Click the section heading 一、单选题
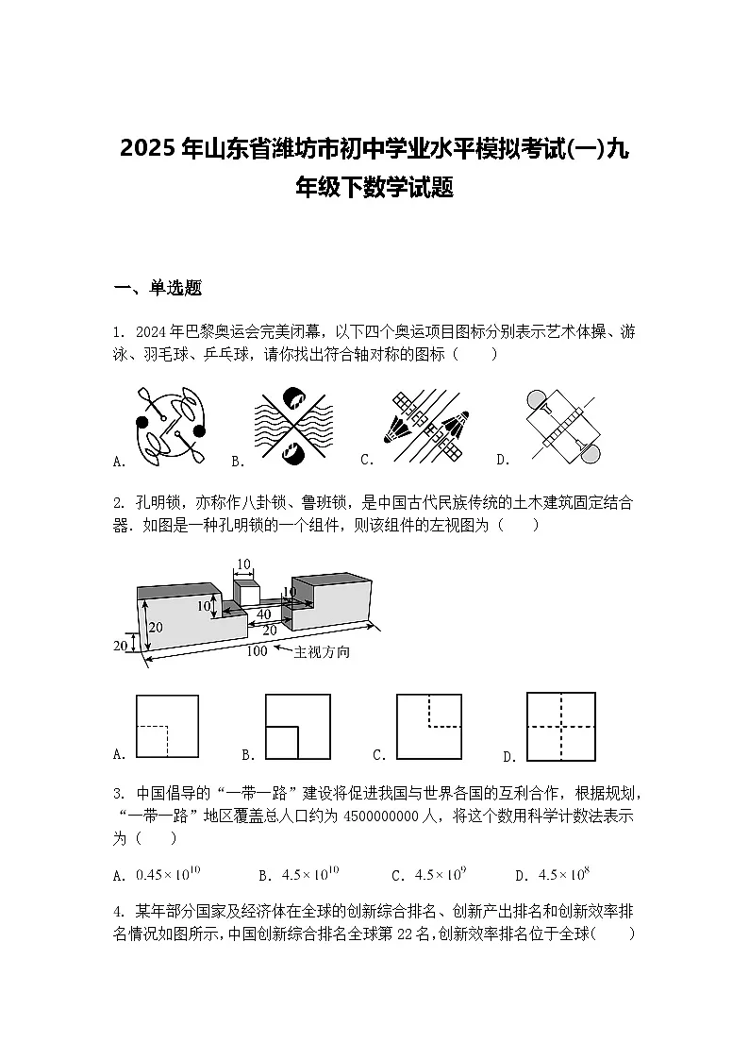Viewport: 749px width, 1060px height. pos(158,289)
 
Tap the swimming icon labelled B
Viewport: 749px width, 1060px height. pos(293,427)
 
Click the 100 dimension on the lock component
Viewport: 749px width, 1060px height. pos(256,651)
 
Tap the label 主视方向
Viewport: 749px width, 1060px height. pos(322,652)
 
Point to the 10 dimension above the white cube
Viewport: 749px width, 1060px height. pos(243,565)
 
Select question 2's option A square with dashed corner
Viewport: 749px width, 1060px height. pos(167,726)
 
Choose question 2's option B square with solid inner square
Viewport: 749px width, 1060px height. pos(297,726)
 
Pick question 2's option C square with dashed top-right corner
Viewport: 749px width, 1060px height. pos(429,726)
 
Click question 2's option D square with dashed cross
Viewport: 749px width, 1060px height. pos(561,727)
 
